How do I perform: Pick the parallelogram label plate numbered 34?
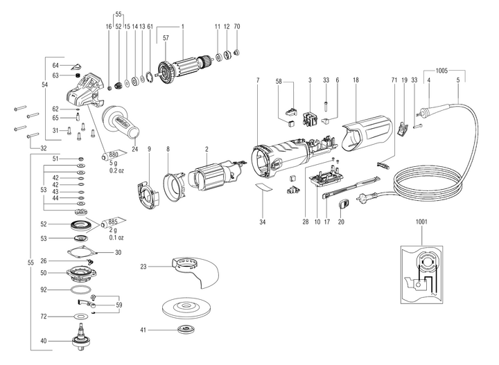pyautogui.click(x=263, y=188)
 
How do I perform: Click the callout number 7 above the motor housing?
pyautogui.click(x=257, y=81)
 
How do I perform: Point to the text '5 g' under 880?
pyautogui.click(x=114, y=163)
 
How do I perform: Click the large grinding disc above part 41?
pyautogui.click(x=186, y=305)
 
